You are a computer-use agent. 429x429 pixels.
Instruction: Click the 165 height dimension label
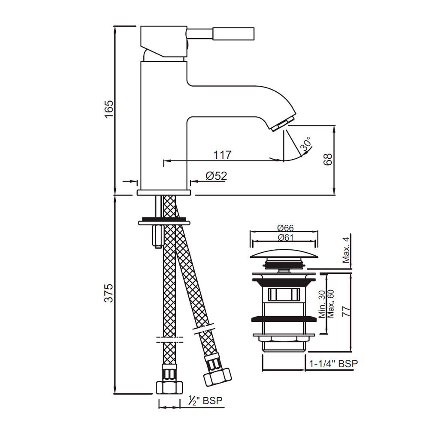(x=109, y=109)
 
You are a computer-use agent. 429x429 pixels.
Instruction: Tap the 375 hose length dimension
(x=109, y=293)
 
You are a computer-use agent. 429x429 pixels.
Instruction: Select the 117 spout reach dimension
(x=222, y=155)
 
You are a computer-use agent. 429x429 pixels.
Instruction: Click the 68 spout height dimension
(x=327, y=159)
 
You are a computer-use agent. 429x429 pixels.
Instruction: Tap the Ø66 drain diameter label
(x=285, y=228)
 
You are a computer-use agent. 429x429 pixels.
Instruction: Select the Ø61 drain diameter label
(x=285, y=238)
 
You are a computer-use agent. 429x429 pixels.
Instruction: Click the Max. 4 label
(x=346, y=250)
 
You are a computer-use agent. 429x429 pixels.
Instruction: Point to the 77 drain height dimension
(x=346, y=311)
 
